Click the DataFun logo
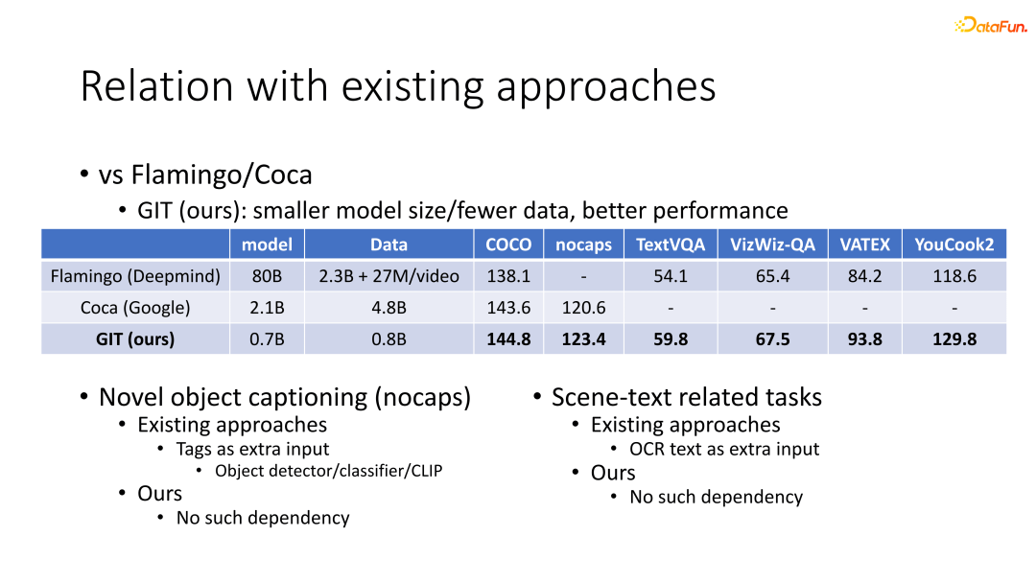point(990,25)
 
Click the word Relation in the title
point(157,86)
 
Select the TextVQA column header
point(670,245)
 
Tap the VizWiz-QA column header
point(772,245)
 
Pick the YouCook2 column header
point(954,245)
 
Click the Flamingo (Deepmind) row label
point(135,276)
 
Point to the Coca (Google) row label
point(135,308)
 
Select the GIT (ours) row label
point(135,339)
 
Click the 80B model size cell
point(267,276)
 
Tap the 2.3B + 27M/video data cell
point(389,276)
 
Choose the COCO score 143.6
point(508,308)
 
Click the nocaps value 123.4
point(584,339)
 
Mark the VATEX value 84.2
point(865,276)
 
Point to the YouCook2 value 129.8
point(954,339)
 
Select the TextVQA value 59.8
point(671,339)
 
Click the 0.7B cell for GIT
point(267,339)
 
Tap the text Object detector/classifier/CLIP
point(328,471)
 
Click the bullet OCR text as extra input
point(724,449)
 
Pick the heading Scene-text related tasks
point(687,397)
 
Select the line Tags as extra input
point(252,449)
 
